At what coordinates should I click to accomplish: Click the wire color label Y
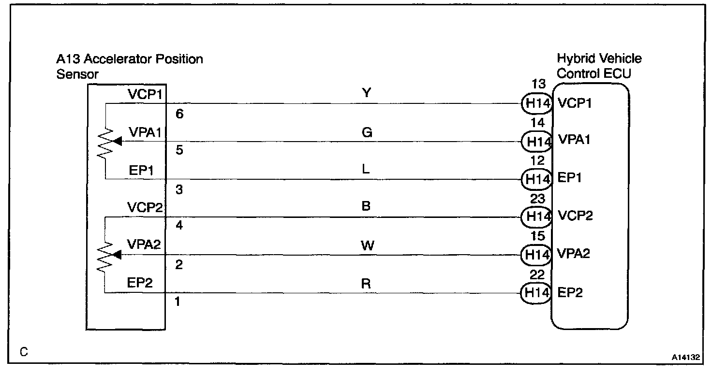click(x=367, y=93)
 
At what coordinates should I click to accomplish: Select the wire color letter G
click(x=367, y=132)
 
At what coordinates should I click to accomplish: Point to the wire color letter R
click(x=366, y=284)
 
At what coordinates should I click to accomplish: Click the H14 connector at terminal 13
click(x=536, y=103)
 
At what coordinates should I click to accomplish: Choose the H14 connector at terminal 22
click(x=536, y=292)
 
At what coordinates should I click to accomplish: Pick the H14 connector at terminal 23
click(x=536, y=216)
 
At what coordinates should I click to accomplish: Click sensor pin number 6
click(x=179, y=115)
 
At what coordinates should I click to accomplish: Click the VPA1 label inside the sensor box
click(x=144, y=132)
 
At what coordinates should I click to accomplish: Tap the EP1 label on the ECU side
click(x=569, y=178)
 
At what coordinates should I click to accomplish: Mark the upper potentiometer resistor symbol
click(x=105, y=143)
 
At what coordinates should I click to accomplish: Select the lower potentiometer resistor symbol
click(x=105, y=256)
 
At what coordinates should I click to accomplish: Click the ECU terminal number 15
click(x=537, y=236)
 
